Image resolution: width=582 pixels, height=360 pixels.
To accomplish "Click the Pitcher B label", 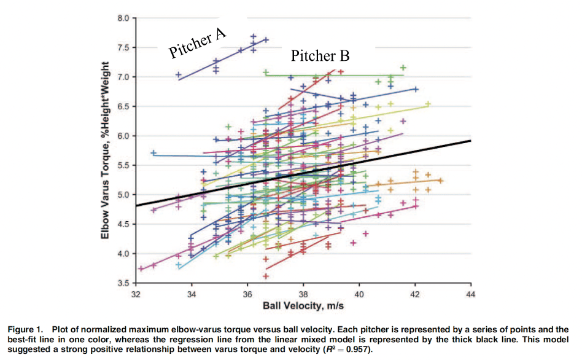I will coord(320,56).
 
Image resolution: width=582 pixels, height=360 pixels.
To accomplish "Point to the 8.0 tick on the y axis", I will coord(123,18).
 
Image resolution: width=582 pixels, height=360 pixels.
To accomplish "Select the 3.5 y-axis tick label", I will coord(123,283).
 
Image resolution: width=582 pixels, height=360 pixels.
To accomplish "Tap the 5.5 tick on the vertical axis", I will coord(123,165).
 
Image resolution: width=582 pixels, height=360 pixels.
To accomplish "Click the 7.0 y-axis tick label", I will coord(123,77).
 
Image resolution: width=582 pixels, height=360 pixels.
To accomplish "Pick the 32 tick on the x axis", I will coord(136,294).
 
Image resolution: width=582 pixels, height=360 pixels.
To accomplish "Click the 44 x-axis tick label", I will coord(470,294).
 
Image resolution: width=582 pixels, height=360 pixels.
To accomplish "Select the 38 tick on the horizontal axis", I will coord(303,294).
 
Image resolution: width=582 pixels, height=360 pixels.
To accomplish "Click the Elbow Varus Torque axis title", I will coord(105,151).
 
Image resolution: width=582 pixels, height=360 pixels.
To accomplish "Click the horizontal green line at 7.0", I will coord(344,75).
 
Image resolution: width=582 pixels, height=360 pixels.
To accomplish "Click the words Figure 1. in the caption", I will coord(25,329).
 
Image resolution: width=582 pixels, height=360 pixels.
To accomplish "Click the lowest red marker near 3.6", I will coord(266,276).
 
